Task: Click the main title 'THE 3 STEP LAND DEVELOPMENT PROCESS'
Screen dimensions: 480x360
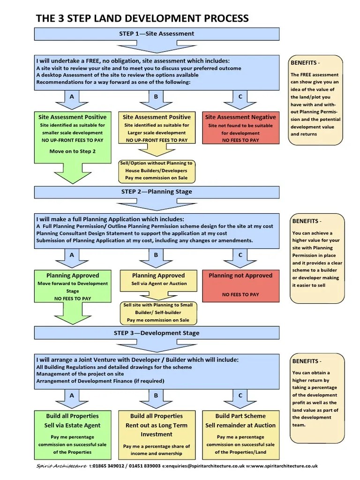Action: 142,18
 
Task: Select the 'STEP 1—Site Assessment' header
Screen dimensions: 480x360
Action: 157,34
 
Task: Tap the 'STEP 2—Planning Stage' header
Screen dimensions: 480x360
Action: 157,192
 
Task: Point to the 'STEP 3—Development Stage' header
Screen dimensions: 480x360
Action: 157,333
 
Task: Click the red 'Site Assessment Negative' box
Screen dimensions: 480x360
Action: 240,127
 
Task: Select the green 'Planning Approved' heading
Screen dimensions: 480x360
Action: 72,276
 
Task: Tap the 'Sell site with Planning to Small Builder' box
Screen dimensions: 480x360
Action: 158,312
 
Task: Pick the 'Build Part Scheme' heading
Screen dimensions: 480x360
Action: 240,416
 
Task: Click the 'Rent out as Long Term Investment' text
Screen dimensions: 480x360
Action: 157,430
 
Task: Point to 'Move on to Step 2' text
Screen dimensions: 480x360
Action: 72,151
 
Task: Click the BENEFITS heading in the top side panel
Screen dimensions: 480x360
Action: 306,63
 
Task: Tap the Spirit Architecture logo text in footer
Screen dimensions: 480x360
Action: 61,466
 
